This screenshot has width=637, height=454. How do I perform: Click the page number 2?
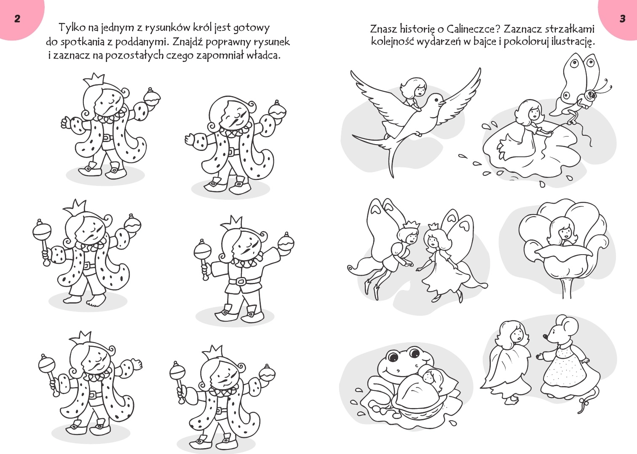(x=17, y=19)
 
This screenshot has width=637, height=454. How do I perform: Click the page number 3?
(x=622, y=19)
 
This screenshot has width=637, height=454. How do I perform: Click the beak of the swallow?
(x=442, y=102)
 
